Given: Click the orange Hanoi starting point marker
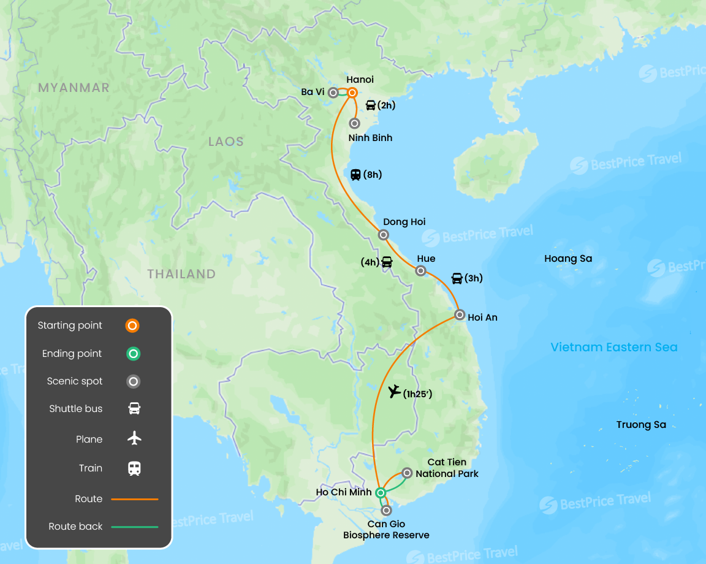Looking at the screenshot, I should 352,93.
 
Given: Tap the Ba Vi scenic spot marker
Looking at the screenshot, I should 333,93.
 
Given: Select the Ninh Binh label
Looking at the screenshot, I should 370,138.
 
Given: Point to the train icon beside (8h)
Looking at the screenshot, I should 355,175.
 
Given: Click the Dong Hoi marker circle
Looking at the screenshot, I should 383,234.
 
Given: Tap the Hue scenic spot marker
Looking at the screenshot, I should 420,270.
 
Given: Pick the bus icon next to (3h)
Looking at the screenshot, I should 457,278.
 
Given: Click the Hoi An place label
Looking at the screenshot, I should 482,318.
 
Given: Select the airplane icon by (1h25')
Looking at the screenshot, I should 394,391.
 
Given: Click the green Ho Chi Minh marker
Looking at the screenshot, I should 380,492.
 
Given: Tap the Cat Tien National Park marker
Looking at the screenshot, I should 407,473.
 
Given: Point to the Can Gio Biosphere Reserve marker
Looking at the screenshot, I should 385,510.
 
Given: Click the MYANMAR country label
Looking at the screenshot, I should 74,88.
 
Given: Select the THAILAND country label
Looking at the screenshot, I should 181,274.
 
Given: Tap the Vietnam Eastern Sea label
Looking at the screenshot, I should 614,348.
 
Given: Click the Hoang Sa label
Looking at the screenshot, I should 568,259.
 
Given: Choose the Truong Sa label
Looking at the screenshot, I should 641,425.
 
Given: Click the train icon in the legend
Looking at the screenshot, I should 134,468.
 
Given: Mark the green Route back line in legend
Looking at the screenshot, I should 134,527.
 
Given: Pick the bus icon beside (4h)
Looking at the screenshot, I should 387,262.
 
